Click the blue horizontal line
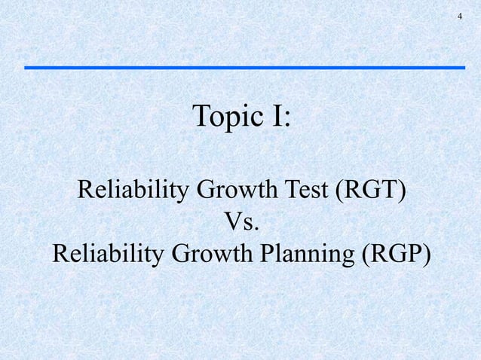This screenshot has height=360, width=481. pos(244,68)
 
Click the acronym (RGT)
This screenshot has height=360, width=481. pos(368,191)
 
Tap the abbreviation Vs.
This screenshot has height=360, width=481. pos(241,222)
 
